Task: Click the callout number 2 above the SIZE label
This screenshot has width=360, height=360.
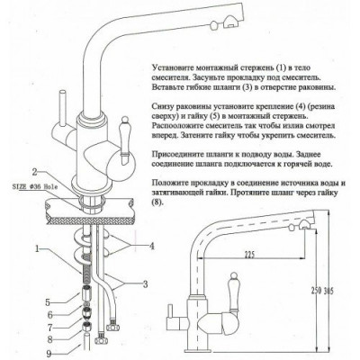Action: coord(33,170)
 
